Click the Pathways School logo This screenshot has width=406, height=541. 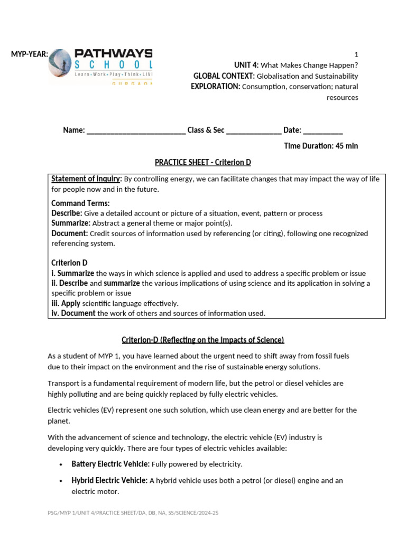coord(100,66)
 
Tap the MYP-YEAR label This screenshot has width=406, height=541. coord(30,53)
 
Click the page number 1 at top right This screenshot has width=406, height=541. coord(356,54)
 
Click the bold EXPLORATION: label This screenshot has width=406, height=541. coord(215,87)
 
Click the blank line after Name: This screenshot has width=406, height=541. coord(136,130)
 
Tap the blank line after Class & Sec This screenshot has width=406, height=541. coord(254,130)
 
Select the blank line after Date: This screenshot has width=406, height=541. coord(323,130)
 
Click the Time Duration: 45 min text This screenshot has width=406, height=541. coord(321,146)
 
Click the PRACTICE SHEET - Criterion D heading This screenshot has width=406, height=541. coord(202,162)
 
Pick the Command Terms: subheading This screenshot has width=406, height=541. coord(80,203)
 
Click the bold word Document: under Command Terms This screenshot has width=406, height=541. coord(69,234)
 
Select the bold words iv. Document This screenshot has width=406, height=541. coord(73,313)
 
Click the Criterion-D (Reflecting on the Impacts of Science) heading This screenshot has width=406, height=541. coord(202,340)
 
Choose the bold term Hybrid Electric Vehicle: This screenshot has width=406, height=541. coord(109,481)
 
